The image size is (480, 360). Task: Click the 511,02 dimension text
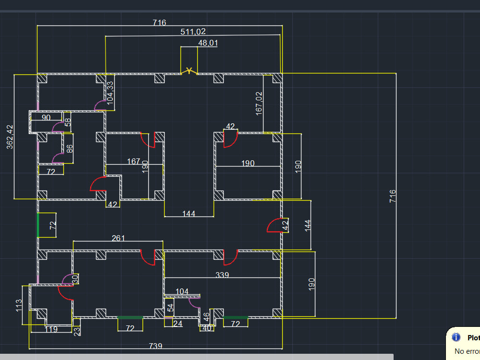(x=193, y=32)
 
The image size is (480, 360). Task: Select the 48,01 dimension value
(x=208, y=43)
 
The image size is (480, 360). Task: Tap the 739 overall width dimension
(x=156, y=346)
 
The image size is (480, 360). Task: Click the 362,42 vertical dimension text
(x=10, y=137)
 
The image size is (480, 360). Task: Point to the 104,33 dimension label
(x=110, y=93)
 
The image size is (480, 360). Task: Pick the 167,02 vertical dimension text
(x=259, y=103)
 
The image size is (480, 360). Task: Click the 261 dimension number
(x=119, y=238)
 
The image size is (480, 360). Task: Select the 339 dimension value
(x=222, y=275)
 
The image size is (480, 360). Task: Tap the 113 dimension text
(x=19, y=305)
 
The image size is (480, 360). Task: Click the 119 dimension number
(x=51, y=329)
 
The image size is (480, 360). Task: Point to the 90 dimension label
(x=46, y=117)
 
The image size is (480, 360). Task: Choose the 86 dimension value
(x=70, y=148)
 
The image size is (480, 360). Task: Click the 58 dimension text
(x=68, y=122)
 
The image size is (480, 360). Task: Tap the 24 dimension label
(x=178, y=324)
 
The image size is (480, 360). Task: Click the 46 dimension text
(x=206, y=317)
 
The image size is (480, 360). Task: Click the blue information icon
(x=456, y=338)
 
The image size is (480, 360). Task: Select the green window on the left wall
(x=38, y=225)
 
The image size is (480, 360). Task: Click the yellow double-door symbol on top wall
(x=190, y=71)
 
